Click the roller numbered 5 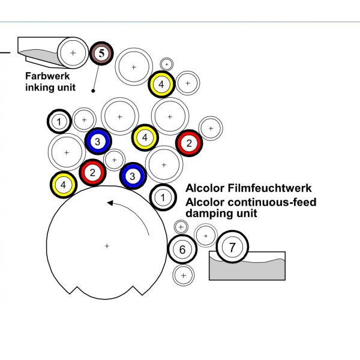[x=101, y=53]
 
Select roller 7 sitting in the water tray [x=231, y=247]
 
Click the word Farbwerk [x=47, y=76]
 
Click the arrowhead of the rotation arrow [x=110, y=203]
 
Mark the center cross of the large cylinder [x=107, y=246]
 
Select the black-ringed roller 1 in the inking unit [x=59, y=122]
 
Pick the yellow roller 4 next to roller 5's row [x=161, y=84]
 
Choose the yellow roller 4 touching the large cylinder [x=62, y=185]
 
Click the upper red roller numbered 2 [x=189, y=143]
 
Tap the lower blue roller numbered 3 [x=132, y=176]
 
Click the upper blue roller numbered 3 [x=97, y=141]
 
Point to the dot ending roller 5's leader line [x=93, y=91]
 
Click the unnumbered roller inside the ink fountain [x=73, y=53]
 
